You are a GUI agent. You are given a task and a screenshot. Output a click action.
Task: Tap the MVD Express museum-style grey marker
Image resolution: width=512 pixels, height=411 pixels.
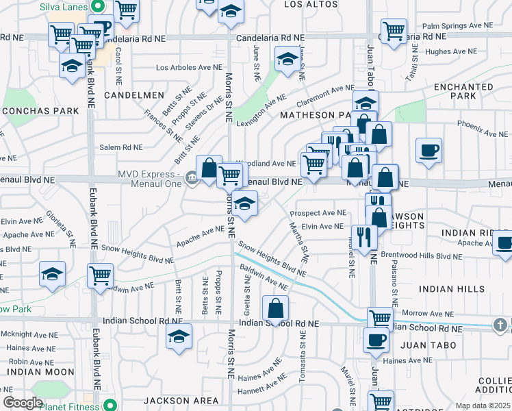click(192, 180)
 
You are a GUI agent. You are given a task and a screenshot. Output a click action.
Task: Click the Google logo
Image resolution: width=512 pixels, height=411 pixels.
click(23, 403)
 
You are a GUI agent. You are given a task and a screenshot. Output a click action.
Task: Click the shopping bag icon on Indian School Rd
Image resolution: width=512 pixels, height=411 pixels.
click(275, 309)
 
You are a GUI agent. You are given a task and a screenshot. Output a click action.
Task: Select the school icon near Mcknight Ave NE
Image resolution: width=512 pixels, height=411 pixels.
click(179, 336)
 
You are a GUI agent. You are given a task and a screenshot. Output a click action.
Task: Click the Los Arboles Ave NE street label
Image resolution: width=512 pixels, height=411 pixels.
click(190, 68)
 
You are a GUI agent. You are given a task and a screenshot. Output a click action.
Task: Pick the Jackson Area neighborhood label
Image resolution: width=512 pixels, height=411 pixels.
click(175, 399)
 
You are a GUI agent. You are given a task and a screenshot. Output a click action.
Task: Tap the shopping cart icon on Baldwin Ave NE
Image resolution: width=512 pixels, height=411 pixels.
click(101, 277)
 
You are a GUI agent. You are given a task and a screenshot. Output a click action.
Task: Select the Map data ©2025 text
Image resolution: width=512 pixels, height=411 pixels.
click(482, 406)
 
